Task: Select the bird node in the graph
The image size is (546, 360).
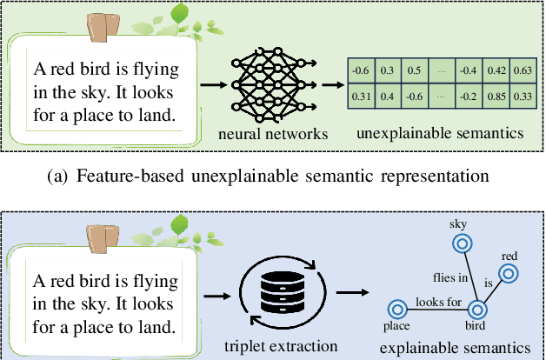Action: click(476, 308)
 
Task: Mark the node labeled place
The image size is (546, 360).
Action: click(397, 307)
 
